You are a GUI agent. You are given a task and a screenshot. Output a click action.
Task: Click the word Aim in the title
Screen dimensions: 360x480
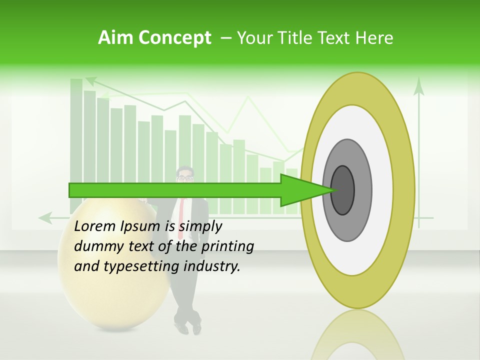tap(114, 38)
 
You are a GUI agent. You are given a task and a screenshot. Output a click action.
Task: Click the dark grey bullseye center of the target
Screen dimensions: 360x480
tap(343, 190)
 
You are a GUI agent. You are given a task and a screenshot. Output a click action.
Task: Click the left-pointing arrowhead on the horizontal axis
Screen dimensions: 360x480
tap(45, 217)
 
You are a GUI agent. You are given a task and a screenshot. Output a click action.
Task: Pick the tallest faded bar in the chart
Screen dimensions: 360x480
tap(76, 130)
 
